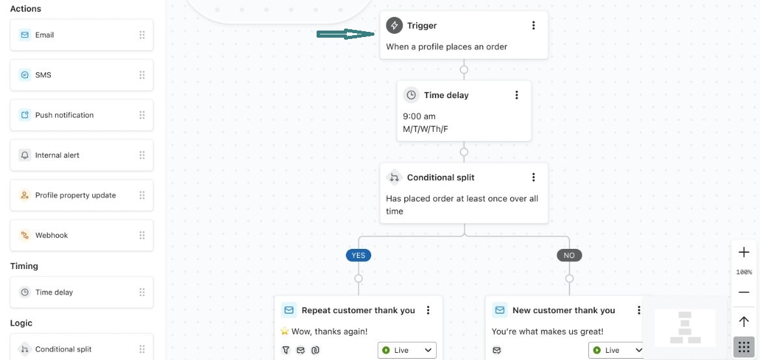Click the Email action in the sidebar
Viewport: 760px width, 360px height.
click(81, 35)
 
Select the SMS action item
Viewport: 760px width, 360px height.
click(81, 75)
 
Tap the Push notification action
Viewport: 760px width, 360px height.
click(81, 115)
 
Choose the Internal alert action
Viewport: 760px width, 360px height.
click(81, 155)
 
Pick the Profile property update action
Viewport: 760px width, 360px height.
click(81, 195)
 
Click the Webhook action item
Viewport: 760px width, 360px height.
click(81, 235)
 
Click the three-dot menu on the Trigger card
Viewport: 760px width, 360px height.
click(533, 26)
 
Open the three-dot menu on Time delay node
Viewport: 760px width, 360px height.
click(517, 95)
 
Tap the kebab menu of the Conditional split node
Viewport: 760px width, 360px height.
click(533, 177)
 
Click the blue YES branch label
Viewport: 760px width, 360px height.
click(358, 255)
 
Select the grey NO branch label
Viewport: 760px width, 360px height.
click(569, 255)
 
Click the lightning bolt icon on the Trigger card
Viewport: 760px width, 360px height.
click(394, 26)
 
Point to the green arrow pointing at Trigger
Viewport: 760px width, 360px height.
click(346, 34)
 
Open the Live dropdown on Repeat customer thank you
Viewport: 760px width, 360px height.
click(407, 350)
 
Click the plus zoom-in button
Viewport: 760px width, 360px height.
click(744, 252)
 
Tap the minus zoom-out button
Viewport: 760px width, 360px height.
click(744, 292)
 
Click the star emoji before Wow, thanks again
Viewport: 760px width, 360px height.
click(285, 331)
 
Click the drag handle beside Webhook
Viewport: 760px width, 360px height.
click(142, 235)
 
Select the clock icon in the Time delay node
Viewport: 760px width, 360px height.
click(411, 95)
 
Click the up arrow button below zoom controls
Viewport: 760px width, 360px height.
click(744, 321)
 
